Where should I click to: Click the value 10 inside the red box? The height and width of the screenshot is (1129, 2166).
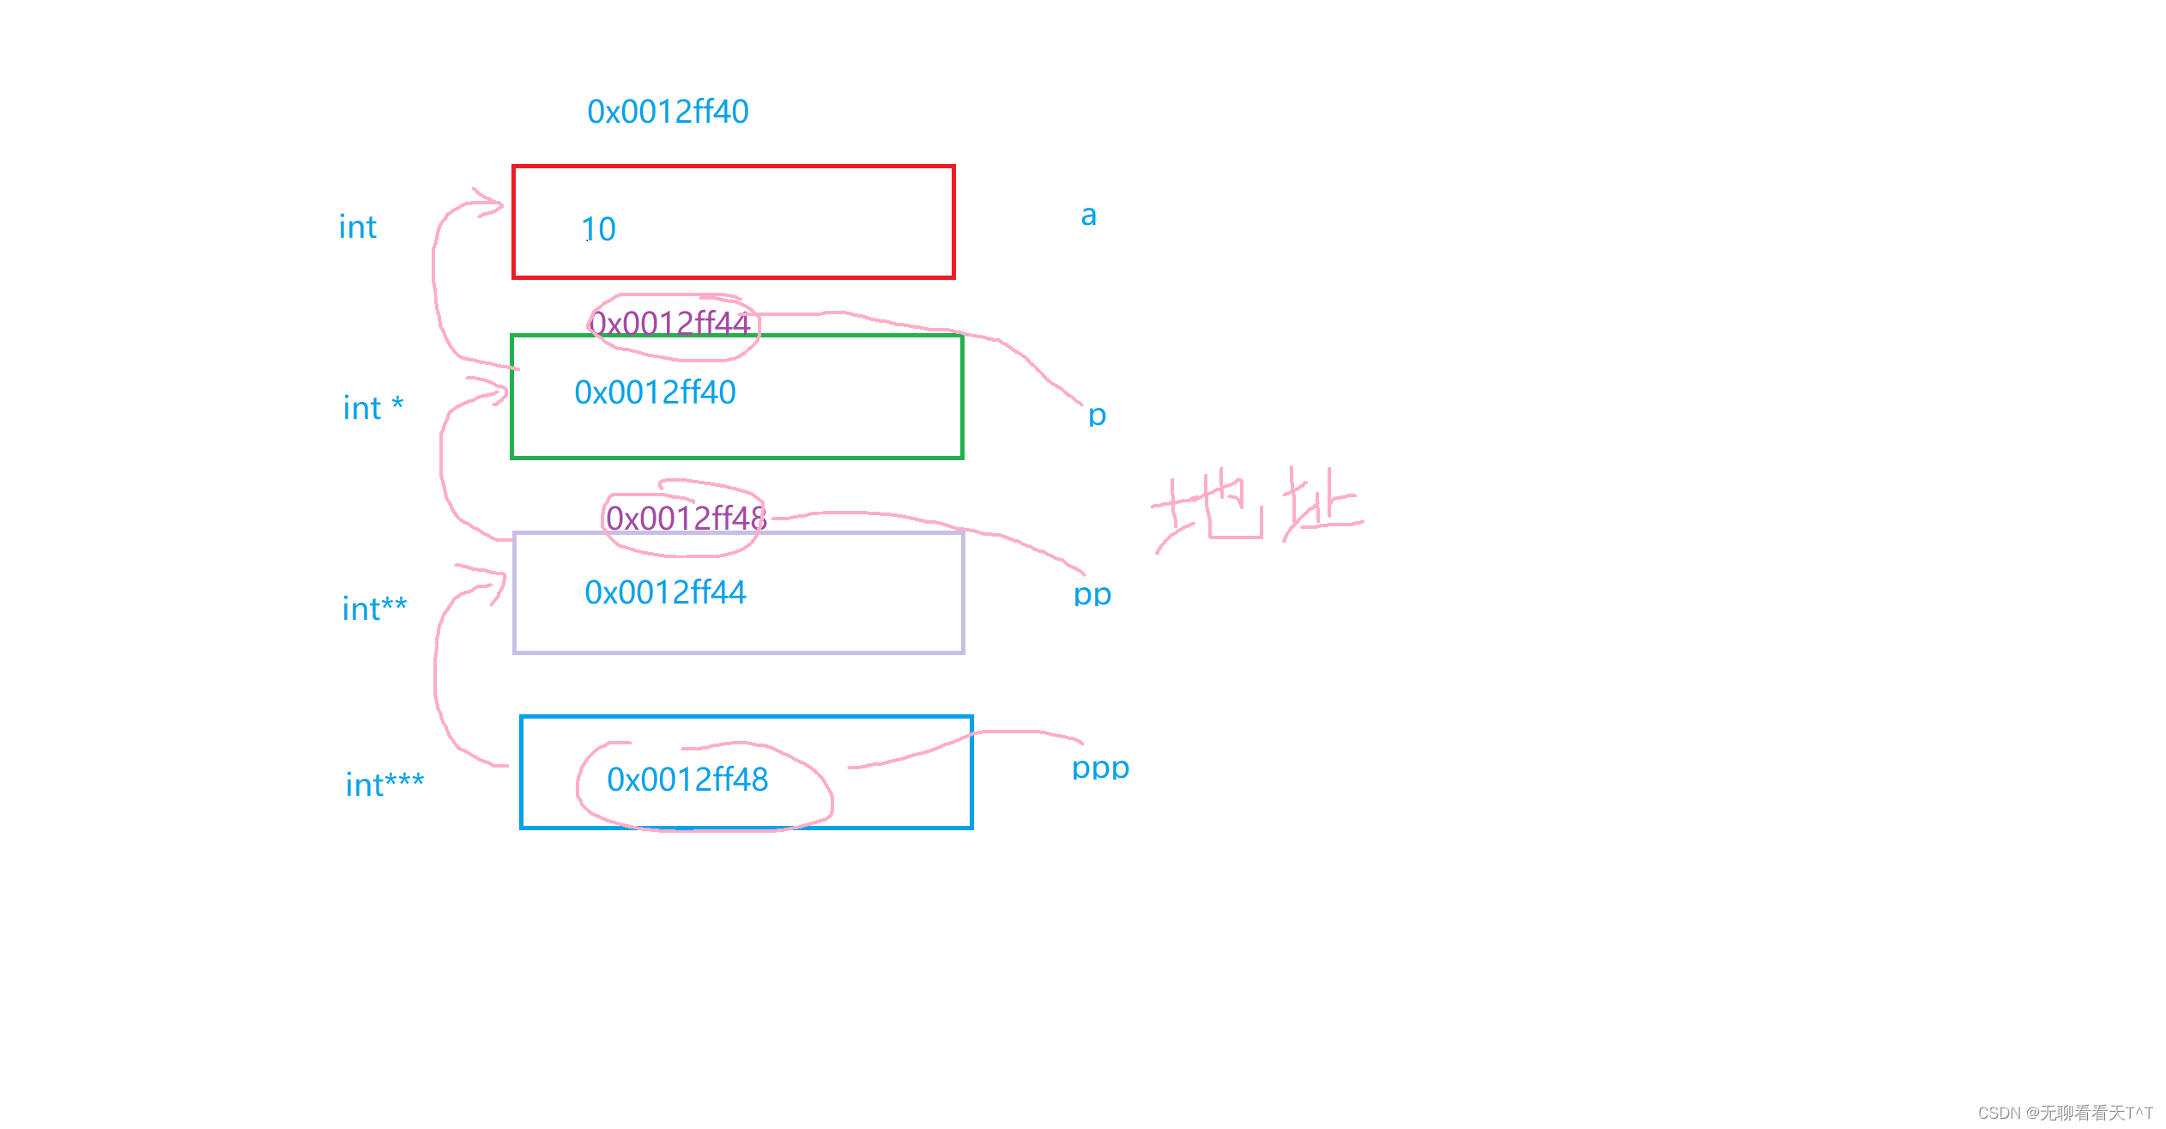[x=598, y=229]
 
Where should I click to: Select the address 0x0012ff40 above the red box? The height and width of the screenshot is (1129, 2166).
[x=668, y=112]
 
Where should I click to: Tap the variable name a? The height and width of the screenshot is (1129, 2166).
[x=1088, y=215]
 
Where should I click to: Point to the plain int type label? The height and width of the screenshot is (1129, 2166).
[x=358, y=228]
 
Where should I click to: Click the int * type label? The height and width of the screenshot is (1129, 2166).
[x=372, y=408]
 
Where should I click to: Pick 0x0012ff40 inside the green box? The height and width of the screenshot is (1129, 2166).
[x=655, y=392]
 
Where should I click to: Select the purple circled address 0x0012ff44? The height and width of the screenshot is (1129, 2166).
[x=670, y=324]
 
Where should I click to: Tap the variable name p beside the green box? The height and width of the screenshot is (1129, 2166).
[x=1097, y=416]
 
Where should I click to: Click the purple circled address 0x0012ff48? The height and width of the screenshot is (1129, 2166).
[x=686, y=518]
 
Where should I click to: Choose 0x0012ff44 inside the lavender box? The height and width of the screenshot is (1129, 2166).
[x=665, y=592]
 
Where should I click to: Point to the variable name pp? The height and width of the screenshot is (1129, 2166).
[x=1092, y=594]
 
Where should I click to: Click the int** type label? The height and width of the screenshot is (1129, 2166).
[x=374, y=609]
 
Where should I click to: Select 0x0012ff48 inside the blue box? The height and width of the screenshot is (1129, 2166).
[x=687, y=780]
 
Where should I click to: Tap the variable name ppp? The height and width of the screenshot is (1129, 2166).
[x=1100, y=768]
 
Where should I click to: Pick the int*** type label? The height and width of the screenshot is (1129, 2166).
[x=384, y=785]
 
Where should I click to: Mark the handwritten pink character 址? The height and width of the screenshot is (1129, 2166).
[x=1322, y=507]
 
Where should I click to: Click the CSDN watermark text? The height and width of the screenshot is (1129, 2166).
[x=2065, y=1113]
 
